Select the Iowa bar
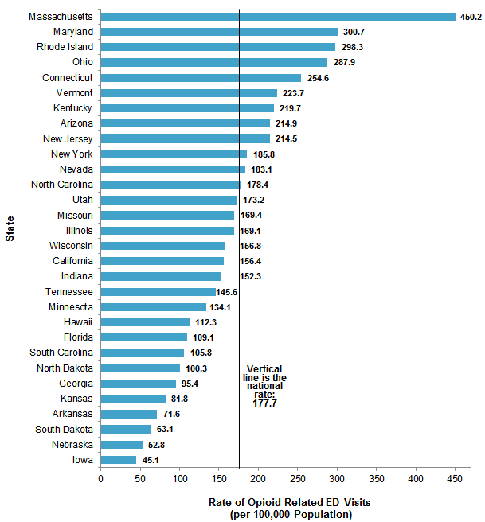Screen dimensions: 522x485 pos(119,459)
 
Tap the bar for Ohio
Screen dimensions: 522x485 pos(214,62)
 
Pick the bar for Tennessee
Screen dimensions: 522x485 pos(158,292)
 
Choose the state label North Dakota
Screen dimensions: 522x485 pos(65,368)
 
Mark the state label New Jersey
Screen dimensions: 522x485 pos(68,138)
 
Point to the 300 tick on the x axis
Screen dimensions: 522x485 pos(338,479)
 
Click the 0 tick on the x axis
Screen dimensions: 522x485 pos(101,479)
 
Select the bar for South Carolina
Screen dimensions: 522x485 pos(143,353)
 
